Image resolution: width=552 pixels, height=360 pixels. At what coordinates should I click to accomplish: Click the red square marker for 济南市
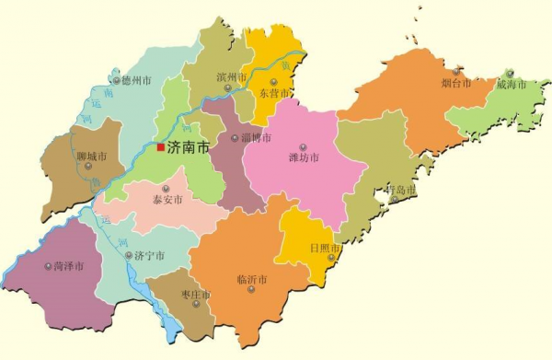tap(160, 146)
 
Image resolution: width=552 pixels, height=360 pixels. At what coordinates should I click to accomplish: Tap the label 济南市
tap(189, 146)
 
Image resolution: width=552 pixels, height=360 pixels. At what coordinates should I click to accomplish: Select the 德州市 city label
tap(135, 80)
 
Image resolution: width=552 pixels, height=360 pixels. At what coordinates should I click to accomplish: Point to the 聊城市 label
tap(91, 157)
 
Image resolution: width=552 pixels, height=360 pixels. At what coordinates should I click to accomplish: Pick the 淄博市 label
tap(255, 138)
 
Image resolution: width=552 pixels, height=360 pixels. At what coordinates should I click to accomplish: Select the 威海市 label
tap(511, 84)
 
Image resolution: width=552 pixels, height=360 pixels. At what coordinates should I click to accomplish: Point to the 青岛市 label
tap(402, 190)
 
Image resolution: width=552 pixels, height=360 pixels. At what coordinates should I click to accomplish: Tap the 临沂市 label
tap(251, 280)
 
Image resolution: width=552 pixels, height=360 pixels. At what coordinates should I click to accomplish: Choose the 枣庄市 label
tap(196, 295)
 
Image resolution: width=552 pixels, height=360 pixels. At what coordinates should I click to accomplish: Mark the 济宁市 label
tap(149, 255)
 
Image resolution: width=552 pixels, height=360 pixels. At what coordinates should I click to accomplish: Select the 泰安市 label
tap(167, 199)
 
